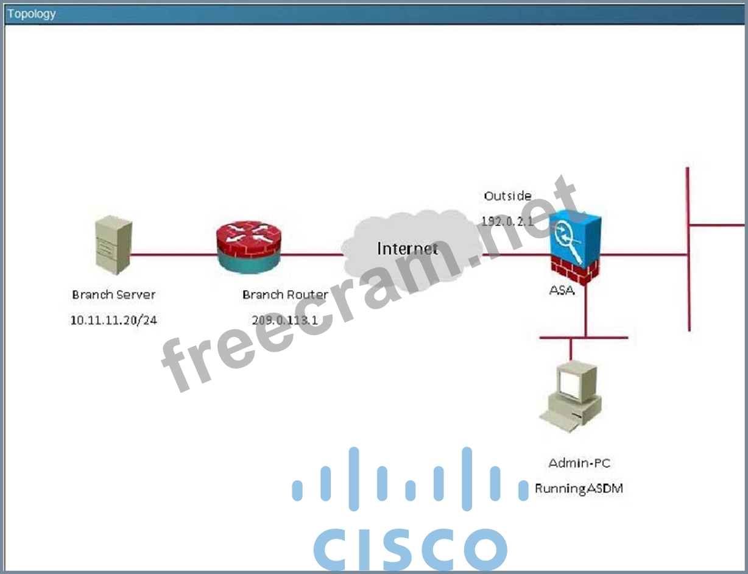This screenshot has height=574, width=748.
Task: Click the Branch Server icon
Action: [x=113, y=244]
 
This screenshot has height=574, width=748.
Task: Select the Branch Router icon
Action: [x=249, y=247]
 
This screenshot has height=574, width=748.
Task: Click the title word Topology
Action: [x=31, y=13]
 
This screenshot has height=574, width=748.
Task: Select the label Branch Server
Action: [x=113, y=295]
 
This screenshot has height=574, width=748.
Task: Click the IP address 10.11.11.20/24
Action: [x=113, y=320]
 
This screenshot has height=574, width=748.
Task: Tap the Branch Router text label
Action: [x=285, y=295]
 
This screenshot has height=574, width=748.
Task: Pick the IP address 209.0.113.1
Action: [x=285, y=320]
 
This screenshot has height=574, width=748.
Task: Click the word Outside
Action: [x=507, y=196]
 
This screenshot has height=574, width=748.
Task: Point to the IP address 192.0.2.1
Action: [x=507, y=221]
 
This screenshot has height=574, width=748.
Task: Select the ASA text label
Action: [x=561, y=290]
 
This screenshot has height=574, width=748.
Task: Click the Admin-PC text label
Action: [x=579, y=463]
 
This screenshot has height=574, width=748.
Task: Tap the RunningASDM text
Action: [x=579, y=488]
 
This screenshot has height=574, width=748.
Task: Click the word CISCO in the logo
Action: [x=410, y=549]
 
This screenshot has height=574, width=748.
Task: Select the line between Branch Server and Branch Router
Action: [x=174, y=254]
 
